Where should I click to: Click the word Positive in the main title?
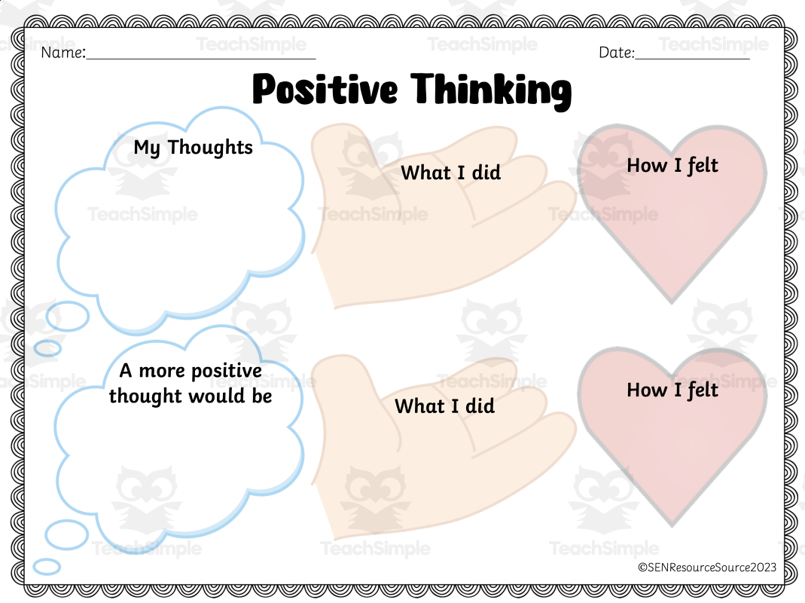coord(325,89)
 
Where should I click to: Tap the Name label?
coord(63,53)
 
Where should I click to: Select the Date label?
coord(617,53)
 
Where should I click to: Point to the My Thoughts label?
coord(193,147)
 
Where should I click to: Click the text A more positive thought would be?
coord(190,384)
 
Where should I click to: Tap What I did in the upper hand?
coord(450,173)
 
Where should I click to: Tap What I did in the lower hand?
coord(444,406)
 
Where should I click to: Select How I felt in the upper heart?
coord(672,165)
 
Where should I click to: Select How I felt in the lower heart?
coord(672,390)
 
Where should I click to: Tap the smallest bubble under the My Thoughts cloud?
coord(47,348)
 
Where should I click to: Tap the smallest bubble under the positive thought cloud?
coord(47,566)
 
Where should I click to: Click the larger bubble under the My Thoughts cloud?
coord(67,317)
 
